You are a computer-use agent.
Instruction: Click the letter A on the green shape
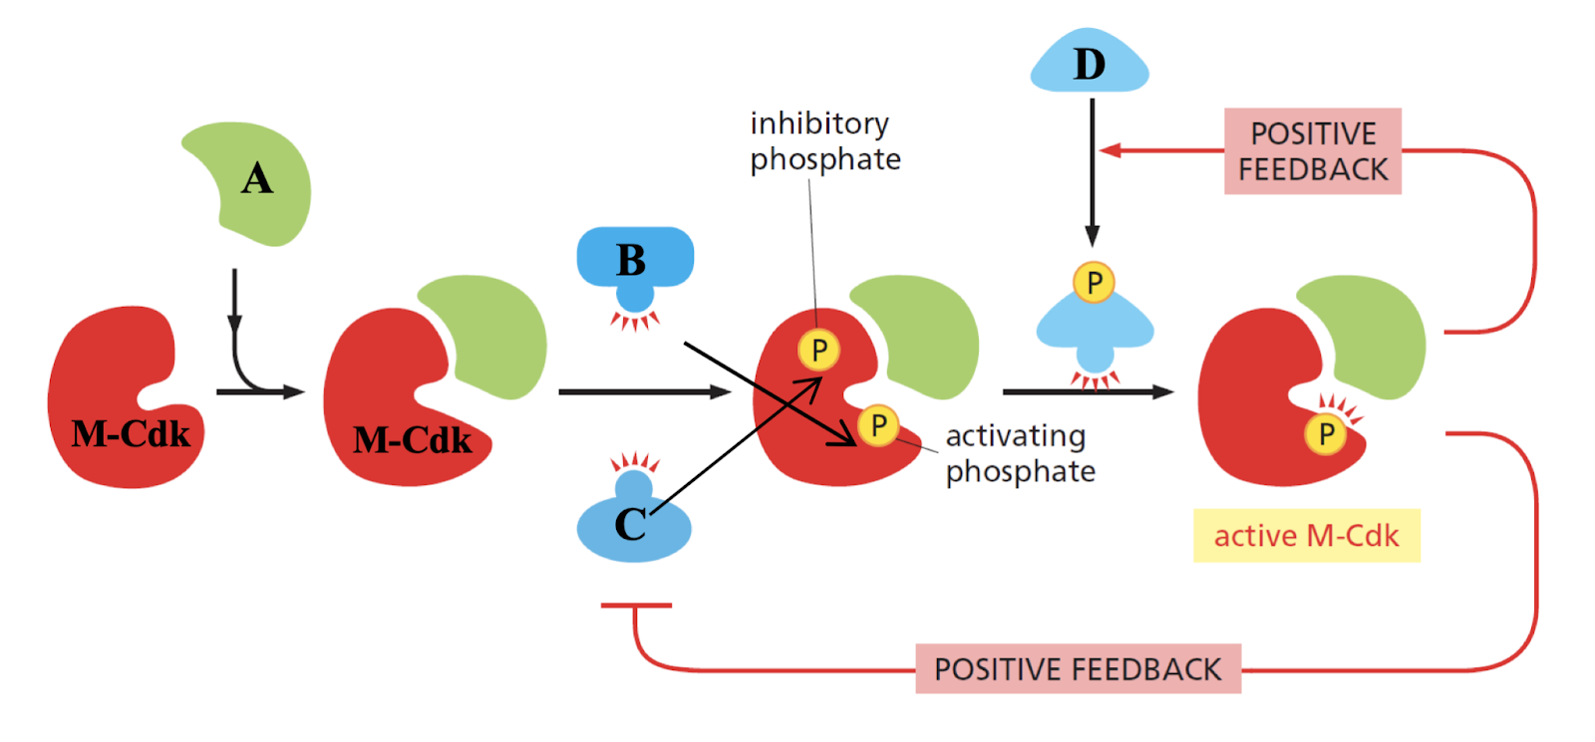(x=256, y=179)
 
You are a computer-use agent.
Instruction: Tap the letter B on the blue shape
(x=630, y=261)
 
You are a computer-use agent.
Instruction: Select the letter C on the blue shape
(x=630, y=525)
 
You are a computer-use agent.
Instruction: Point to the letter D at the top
(x=1089, y=65)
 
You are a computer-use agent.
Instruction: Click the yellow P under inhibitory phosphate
(x=818, y=350)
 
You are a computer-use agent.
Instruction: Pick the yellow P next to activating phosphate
(x=878, y=425)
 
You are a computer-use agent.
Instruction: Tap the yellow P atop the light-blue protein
(x=1094, y=283)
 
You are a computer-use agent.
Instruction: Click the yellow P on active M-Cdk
(x=1326, y=434)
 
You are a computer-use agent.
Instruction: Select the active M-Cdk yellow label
(x=1306, y=536)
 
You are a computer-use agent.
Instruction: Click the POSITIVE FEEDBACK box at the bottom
(x=1078, y=668)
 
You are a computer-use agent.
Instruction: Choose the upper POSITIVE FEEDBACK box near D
(x=1312, y=151)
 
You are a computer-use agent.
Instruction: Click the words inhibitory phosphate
(x=824, y=140)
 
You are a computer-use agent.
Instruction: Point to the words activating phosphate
(x=1019, y=453)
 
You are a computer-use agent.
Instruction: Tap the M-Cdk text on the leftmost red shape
(x=131, y=434)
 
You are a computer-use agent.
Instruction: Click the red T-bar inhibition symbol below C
(x=636, y=606)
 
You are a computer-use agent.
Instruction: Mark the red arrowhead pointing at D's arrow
(x=1110, y=150)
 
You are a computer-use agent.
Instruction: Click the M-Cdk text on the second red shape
(x=412, y=440)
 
